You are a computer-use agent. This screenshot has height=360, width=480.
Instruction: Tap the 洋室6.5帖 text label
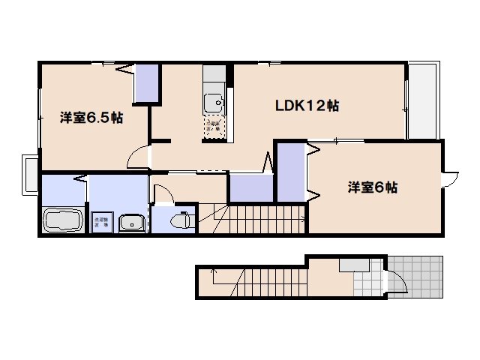[91, 117]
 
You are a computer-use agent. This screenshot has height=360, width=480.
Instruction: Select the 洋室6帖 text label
[372, 187]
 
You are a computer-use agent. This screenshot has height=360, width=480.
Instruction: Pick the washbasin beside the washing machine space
[131, 223]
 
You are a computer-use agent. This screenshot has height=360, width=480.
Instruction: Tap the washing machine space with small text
[101, 222]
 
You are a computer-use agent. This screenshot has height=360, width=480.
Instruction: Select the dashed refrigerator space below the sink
[214, 127]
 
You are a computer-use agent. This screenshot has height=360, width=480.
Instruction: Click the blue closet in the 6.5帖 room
[147, 84]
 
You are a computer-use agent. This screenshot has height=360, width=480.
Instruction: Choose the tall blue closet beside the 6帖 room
[290, 173]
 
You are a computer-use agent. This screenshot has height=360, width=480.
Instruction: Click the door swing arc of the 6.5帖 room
[136, 156]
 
